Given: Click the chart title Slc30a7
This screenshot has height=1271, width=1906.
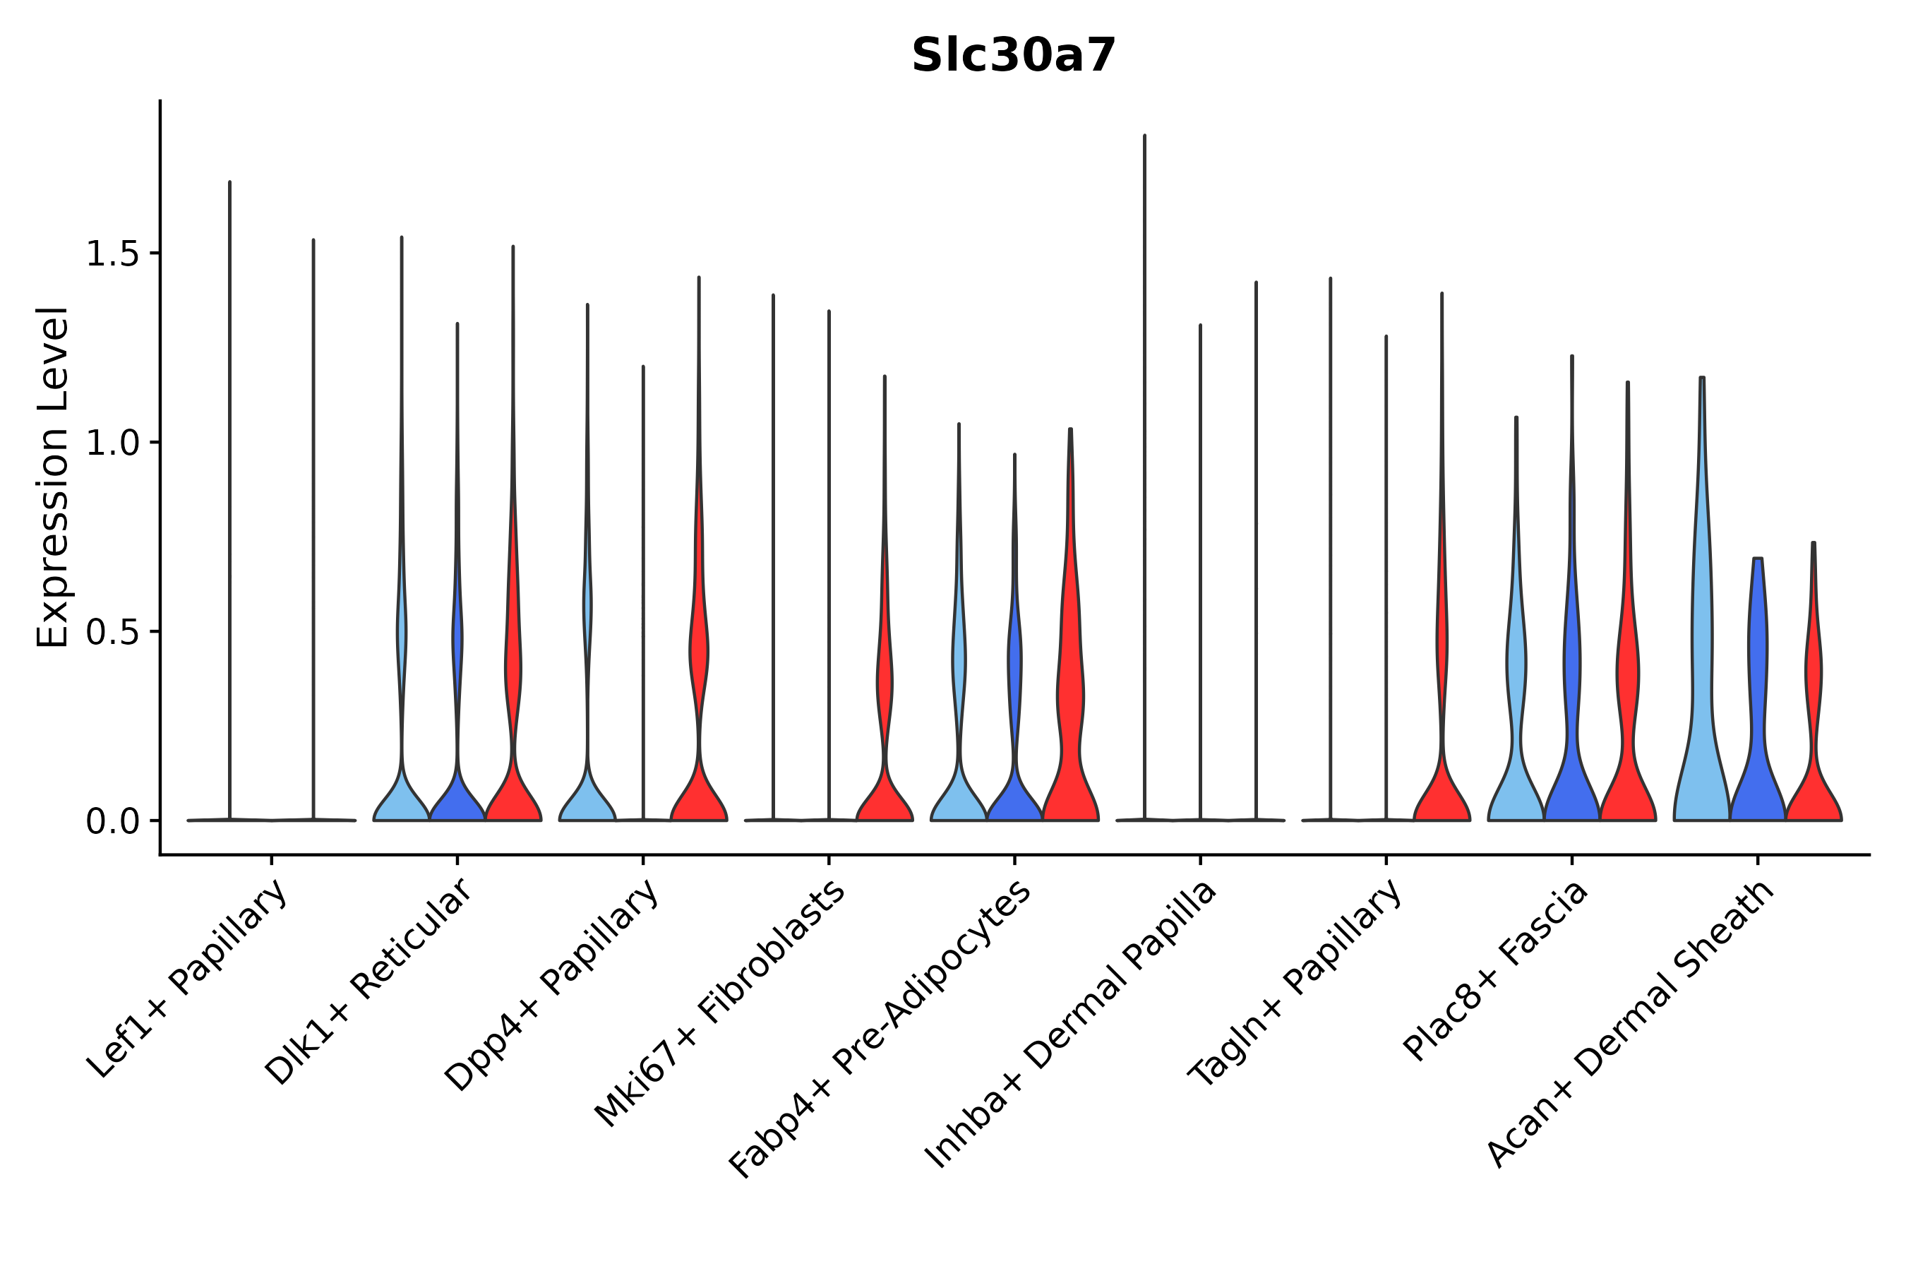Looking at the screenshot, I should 1013,56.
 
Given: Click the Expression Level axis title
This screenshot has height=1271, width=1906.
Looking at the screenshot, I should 53,477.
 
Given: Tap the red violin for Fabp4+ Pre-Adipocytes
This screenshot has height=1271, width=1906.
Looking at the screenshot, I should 1070,729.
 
